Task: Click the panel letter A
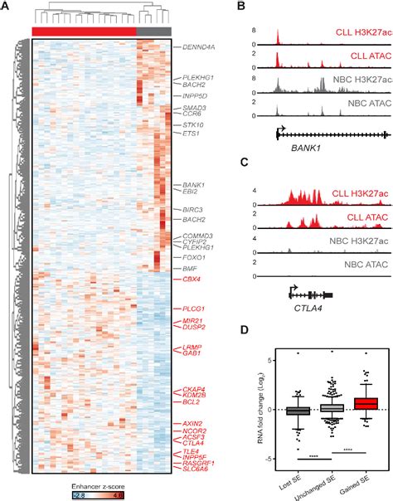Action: (6, 7)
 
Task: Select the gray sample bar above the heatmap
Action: (149, 31)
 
